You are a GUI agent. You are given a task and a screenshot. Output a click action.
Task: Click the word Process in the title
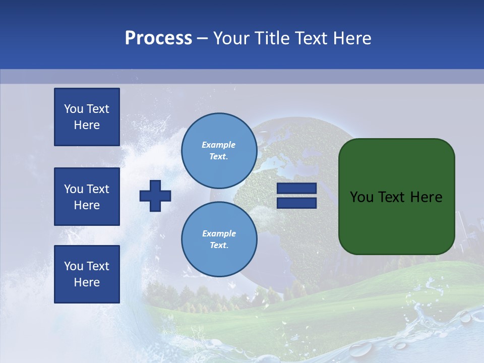point(158,38)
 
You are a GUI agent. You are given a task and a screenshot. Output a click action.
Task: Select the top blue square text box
point(87,117)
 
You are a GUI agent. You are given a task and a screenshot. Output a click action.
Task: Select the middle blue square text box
point(87,197)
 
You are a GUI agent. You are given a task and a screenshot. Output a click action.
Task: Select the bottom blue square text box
point(87,274)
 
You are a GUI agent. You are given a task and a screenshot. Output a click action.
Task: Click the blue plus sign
point(155,196)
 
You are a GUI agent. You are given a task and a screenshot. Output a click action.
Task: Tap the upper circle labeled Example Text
point(219,150)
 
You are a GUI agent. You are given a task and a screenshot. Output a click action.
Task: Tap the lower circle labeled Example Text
point(219,239)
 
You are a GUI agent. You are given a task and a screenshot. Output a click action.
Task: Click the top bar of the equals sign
point(296,189)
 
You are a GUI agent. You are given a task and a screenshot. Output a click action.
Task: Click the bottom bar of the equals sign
point(296,203)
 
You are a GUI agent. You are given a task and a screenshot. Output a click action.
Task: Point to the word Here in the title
point(351,38)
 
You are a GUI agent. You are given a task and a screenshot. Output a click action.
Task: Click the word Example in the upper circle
point(218,145)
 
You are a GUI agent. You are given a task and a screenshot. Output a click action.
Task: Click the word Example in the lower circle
point(219,233)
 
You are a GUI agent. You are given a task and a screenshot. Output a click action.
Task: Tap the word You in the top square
point(74,109)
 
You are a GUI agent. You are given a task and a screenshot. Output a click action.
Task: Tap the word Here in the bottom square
point(87,282)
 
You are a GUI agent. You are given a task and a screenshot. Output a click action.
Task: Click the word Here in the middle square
point(87,205)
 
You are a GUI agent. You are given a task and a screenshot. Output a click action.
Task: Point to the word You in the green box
point(361,197)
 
